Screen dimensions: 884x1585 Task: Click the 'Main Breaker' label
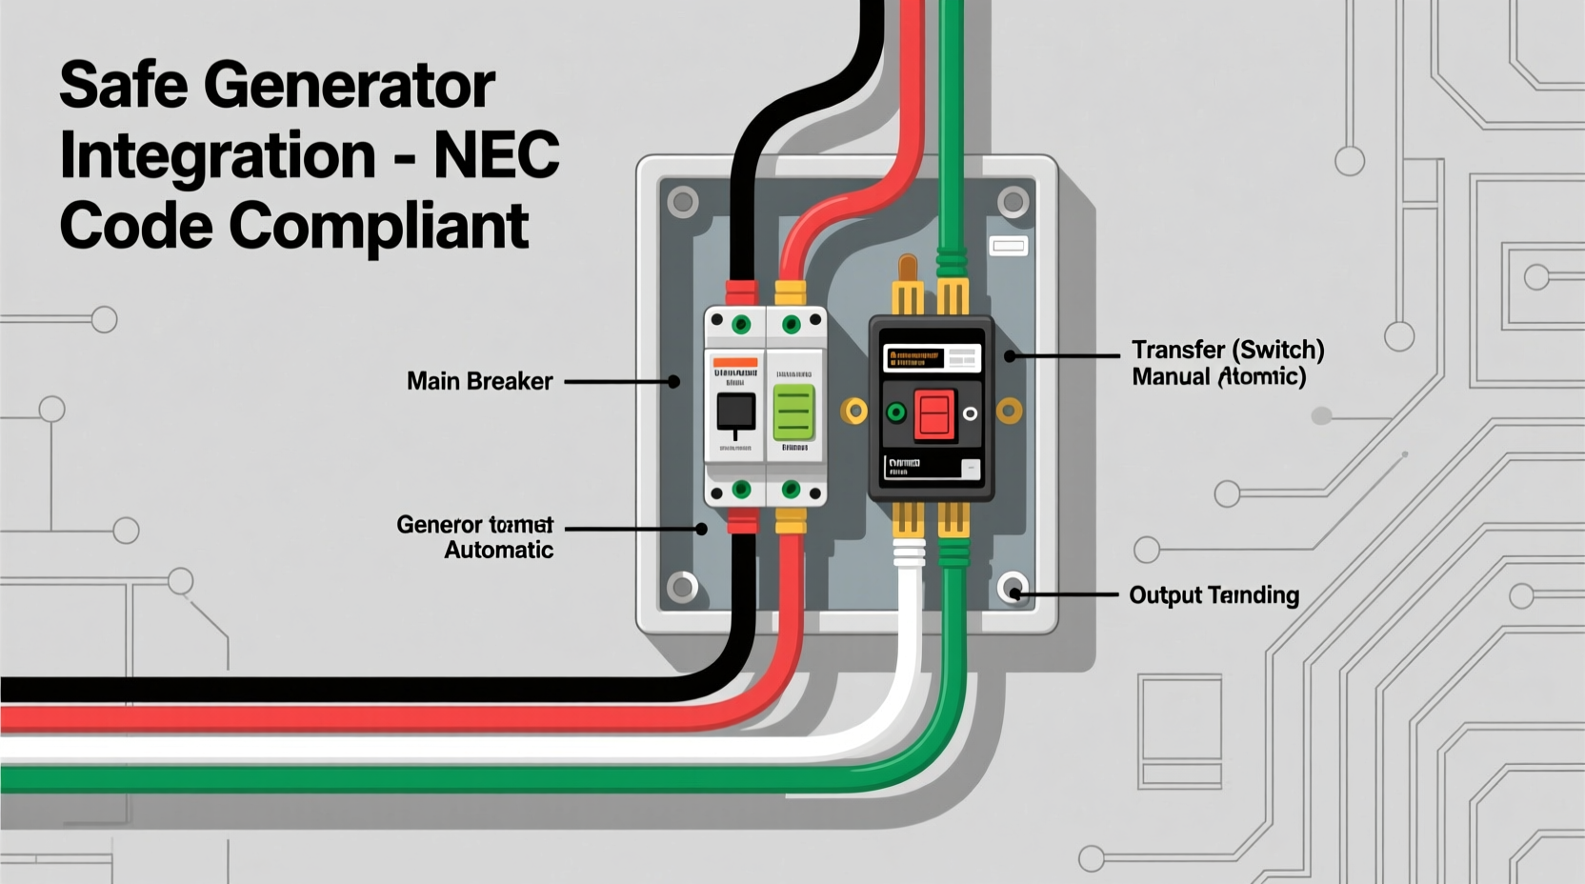pos(479,381)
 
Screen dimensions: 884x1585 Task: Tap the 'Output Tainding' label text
pos(1214,595)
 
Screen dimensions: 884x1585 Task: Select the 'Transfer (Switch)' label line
pos(1228,350)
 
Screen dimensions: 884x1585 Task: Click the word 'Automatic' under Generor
pos(498,550)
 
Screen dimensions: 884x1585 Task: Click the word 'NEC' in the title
pos(496,155)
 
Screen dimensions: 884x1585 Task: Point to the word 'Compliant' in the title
pos(378,226)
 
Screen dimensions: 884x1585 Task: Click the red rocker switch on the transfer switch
pos(933,414)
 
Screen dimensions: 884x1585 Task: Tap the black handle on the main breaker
pos(735,413)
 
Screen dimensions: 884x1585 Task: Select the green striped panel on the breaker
pos(793,412)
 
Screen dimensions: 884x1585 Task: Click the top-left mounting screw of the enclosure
pos(682,202)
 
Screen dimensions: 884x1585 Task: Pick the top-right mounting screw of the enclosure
pos(1013,202)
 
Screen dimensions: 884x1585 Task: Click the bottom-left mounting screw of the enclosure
pos(682,587)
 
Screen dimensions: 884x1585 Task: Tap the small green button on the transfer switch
pos(895,413)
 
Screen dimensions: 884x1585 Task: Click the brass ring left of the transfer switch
pos(854,412)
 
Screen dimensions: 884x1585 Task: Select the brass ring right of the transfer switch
pos(1009,412)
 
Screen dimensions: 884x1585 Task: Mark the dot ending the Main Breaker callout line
pos(673,382)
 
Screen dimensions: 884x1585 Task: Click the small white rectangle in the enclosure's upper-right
pos(1009,247)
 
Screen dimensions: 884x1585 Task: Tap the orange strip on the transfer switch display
pos(913,358)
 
